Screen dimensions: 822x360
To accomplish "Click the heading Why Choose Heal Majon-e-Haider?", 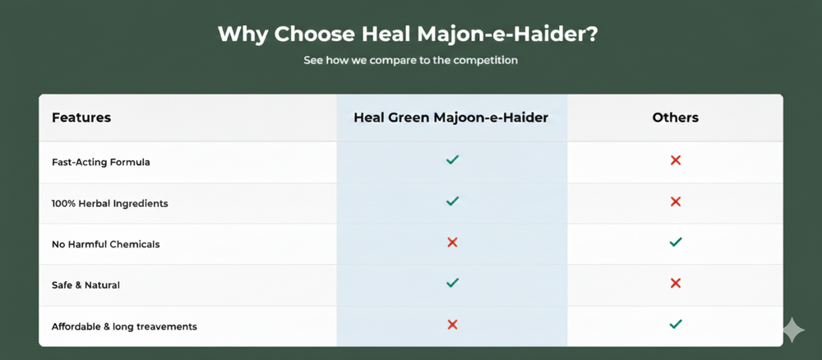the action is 408,35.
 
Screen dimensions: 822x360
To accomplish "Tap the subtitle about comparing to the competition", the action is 410,60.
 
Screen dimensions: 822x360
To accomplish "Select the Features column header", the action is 81,118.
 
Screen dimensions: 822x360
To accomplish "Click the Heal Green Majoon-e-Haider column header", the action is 450,118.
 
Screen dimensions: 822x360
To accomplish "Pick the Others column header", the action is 675,118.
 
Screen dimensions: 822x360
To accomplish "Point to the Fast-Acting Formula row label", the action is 100,162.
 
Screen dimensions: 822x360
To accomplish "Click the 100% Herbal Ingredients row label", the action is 110,203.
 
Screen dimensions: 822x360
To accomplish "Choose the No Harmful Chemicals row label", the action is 105,244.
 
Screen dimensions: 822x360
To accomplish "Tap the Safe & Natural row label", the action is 86,285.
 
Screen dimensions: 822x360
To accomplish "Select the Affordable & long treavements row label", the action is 124,326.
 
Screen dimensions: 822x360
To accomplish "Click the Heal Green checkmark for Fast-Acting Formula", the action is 452,159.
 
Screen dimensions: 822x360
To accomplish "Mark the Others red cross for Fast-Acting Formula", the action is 676,160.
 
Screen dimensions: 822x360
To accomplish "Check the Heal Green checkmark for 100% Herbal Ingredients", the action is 452,201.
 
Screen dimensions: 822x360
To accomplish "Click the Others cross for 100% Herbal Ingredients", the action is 676,201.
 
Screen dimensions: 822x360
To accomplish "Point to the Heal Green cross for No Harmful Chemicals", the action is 452,242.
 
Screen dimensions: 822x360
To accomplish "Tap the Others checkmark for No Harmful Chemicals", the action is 676,242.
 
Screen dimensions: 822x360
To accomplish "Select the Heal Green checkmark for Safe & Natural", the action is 452,283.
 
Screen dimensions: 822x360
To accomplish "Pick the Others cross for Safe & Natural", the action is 676,284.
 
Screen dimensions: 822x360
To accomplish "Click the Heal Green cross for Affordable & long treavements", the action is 452,325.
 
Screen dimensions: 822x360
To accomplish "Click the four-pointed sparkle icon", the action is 794,330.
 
